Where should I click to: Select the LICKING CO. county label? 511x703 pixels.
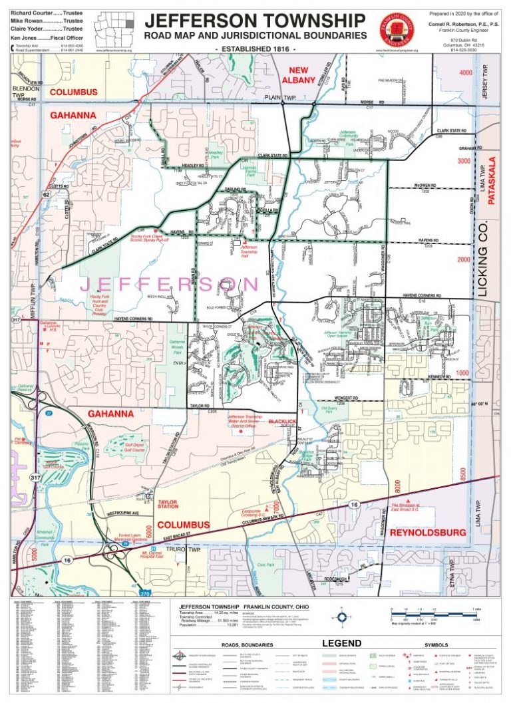point(483,265)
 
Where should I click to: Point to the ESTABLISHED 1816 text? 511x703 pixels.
point(255,49)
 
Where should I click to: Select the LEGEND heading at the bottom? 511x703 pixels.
point(341,643)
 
